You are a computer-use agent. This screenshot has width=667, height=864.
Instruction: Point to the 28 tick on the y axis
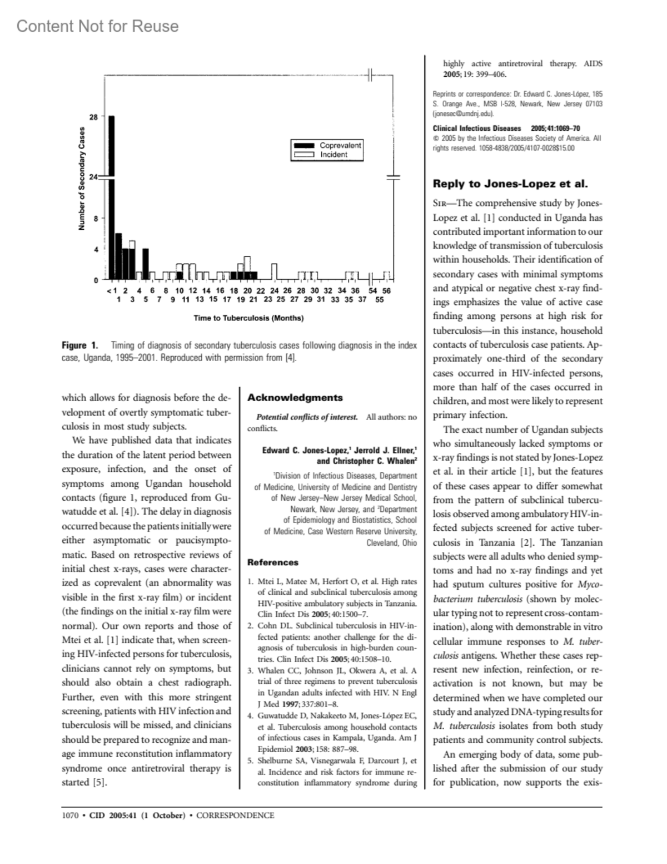[94, 117]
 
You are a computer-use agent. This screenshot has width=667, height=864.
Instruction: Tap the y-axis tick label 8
[96, 219]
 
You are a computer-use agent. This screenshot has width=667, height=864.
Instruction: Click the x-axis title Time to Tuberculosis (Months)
[248, 318]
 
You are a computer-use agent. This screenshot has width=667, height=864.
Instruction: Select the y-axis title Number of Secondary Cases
[82, 179]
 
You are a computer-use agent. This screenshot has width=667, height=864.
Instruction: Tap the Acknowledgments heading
[295, 398]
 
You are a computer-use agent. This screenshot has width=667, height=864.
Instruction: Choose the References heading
[272, 562]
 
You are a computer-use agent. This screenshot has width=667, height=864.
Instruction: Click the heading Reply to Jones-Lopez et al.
[510, 184]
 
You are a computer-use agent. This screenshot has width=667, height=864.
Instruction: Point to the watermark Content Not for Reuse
[97, 26]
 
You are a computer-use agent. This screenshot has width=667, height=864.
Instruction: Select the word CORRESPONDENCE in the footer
[235, 816]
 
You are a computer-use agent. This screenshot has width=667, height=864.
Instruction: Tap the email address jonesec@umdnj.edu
[463, 113]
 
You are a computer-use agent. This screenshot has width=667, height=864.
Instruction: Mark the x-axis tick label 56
[387, 290]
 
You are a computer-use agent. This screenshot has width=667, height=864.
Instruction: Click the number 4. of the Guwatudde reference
[251, 716]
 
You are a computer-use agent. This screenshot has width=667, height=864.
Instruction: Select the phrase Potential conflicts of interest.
[307, 417]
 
